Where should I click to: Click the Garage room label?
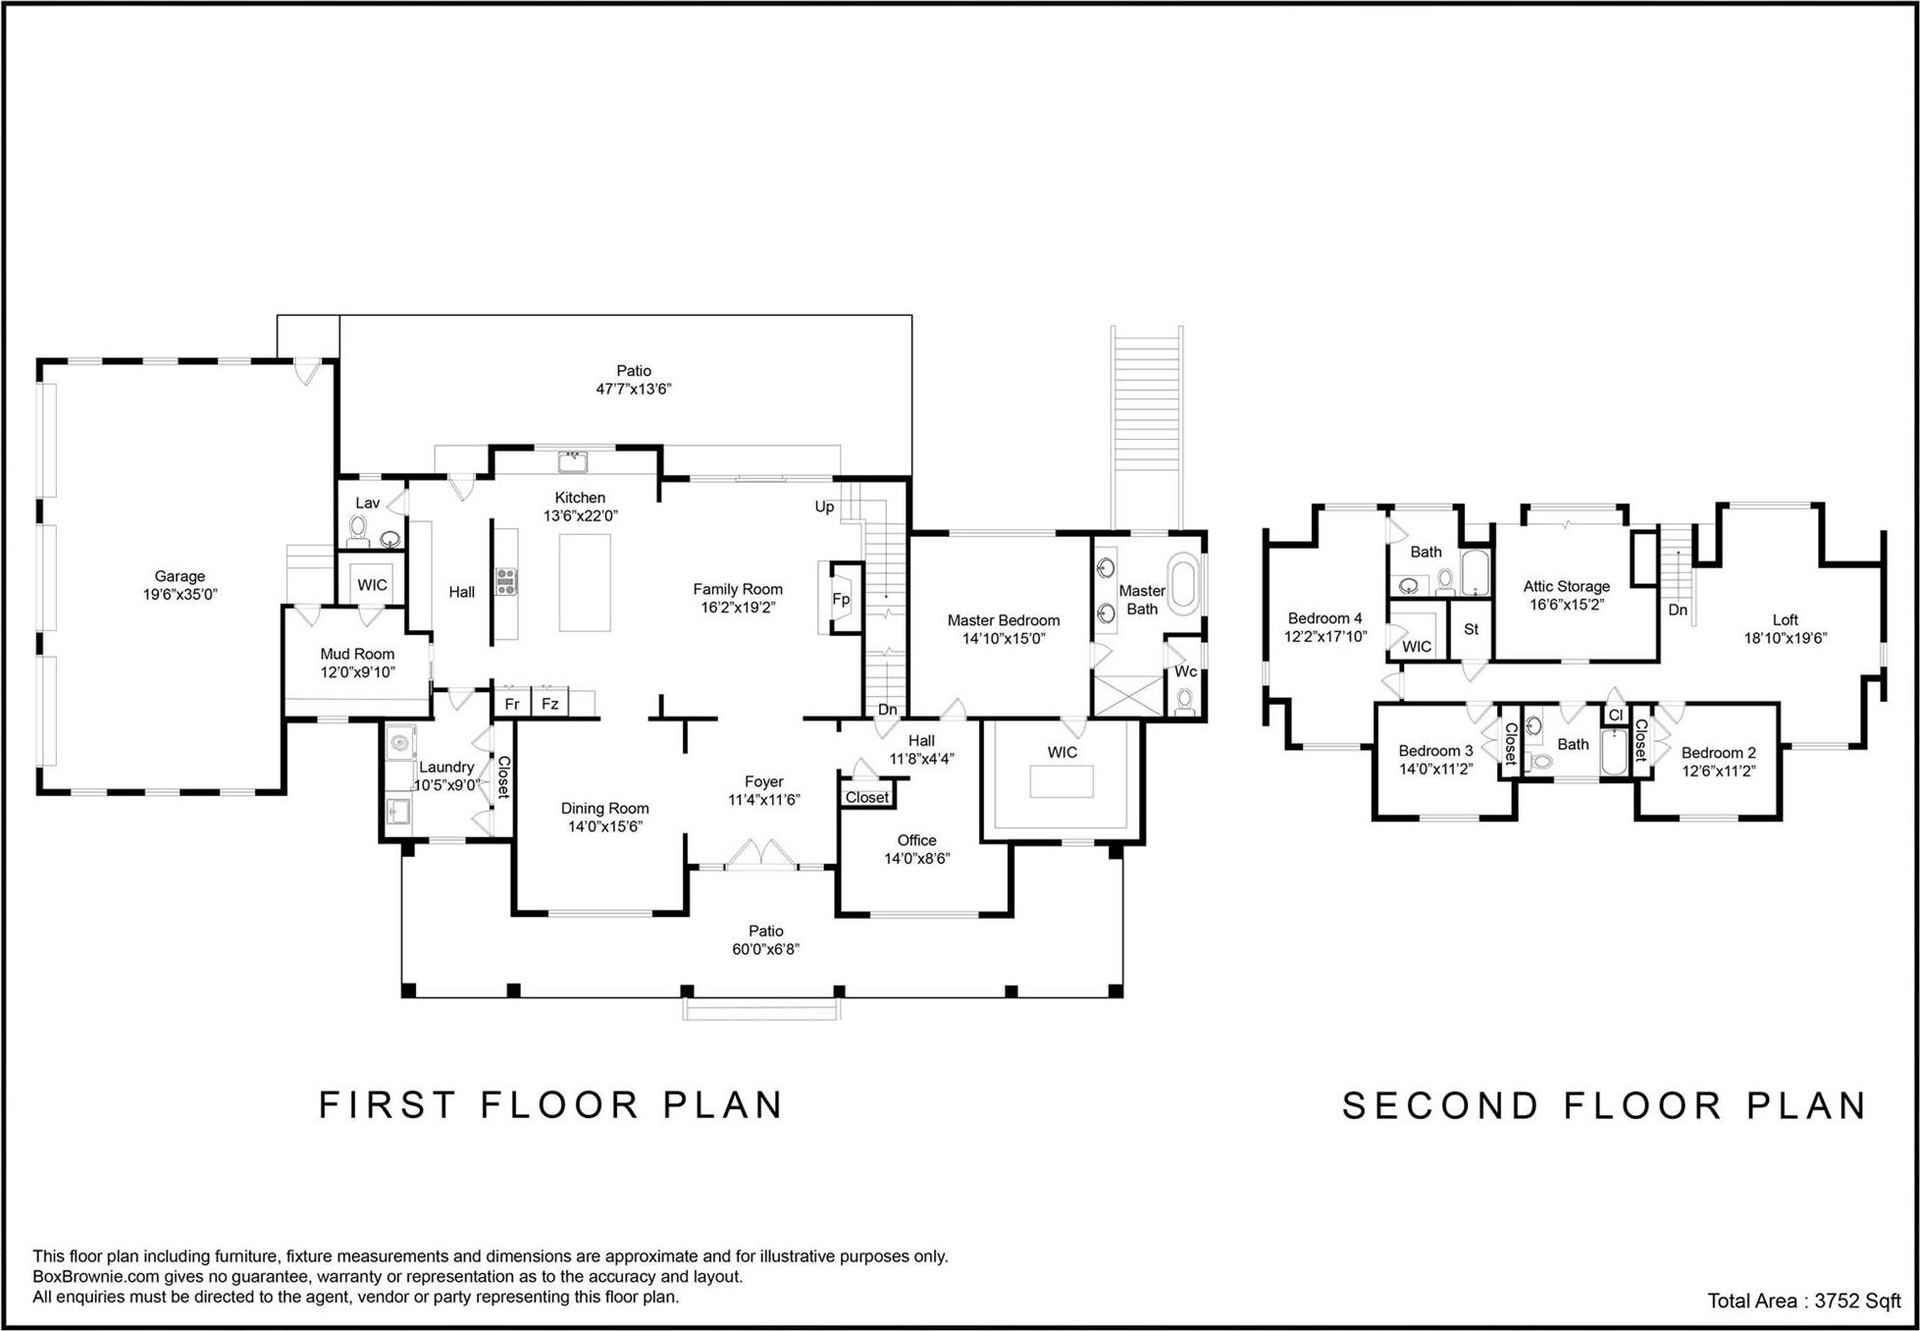(180, 576)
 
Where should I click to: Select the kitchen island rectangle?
(585, 582)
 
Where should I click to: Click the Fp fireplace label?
(841, 599)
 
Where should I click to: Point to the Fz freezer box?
(550, 703)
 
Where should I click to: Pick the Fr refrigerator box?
(512, 703)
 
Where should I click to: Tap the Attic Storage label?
(1567, 586)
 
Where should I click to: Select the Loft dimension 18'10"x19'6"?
(1786, 638)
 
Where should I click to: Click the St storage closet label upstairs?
(1471, 629)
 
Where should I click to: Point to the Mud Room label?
(357, 654)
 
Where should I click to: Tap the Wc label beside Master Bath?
(1186, 671)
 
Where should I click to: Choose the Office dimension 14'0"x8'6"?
(917, 859)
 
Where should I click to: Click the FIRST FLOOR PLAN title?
(551, 1105)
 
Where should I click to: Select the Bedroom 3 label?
(1435, 751)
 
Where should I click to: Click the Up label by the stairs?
(824, 507)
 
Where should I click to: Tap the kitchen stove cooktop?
(506, 582)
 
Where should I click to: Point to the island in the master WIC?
(1062, 781)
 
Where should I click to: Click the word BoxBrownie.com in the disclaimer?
(95, 1277)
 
